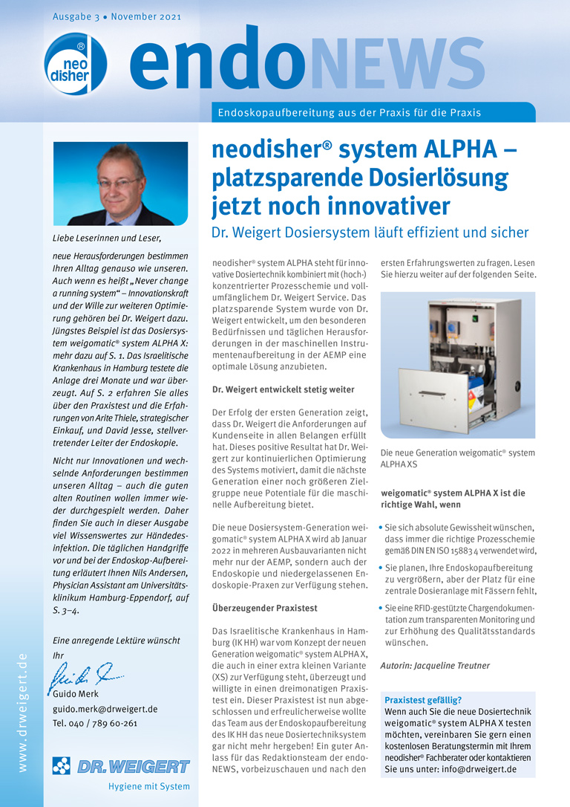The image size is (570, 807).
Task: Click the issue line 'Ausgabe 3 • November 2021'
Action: pos(117,16)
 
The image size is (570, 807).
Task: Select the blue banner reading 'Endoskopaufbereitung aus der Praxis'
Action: pos(349,113)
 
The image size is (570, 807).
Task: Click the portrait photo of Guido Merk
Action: pos(120,184)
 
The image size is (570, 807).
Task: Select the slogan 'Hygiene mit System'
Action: pos(148,786)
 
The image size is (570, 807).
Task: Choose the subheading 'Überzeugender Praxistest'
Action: pos(260,608)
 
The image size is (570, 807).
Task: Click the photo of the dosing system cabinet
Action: pos(457,365)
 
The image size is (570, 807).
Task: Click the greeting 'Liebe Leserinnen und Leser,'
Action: pos(106,238)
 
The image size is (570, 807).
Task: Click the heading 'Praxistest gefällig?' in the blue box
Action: pos(423,700)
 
